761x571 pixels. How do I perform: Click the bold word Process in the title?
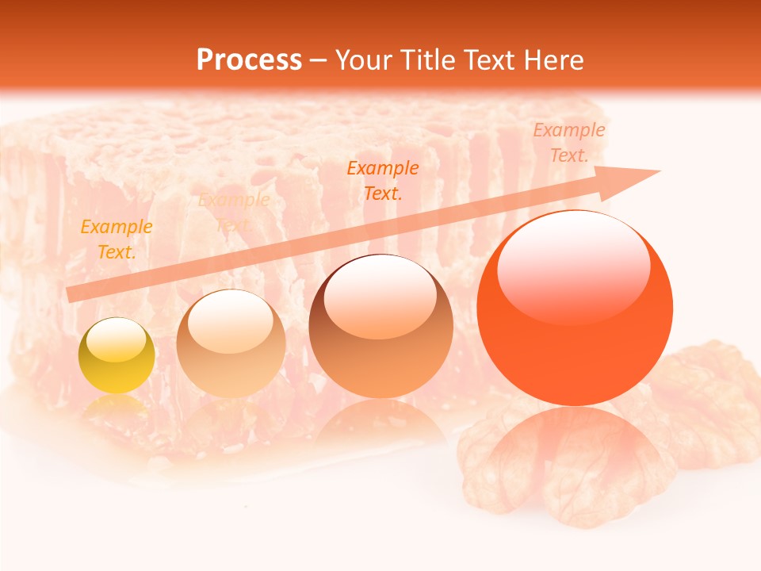tap(249, 60)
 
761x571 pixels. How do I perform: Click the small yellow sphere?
tap(117, 355)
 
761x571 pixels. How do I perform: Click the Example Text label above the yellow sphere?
tap(117, 239)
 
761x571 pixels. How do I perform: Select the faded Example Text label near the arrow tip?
tap(568, 143)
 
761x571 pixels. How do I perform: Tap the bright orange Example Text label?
tap(383, 180)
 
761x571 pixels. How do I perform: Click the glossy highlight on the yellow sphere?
tap(116, 341)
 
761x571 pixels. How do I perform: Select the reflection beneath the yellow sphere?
tap(117, 406)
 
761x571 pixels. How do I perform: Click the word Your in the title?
tap(361, 60)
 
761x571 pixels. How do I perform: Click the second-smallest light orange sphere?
tap(231, 343)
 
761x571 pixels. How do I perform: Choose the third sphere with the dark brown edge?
tap(381, 326)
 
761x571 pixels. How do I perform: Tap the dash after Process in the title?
tap(319, 60)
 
